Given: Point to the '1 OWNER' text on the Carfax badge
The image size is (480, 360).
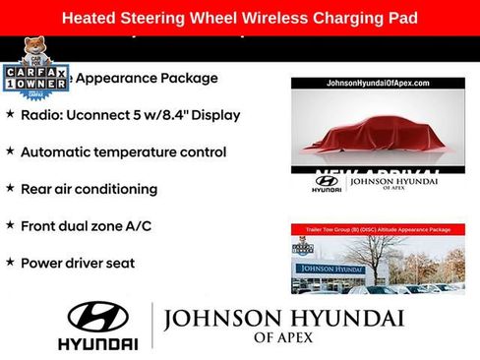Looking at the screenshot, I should pyautogui.click(x=35, y=85).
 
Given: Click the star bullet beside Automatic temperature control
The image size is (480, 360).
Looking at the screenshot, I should pyautogui.click(x=10, y=151).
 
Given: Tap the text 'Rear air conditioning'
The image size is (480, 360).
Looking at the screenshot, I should pyautogui.click(x=89, y=189).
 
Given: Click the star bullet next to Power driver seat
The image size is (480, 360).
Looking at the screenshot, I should pyautogui.click(x=10, y=262).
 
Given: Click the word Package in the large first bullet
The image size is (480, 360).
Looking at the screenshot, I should pyautogui.click(x=187, y=78).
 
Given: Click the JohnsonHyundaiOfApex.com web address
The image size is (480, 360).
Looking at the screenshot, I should pyautogui.click(x=378, y=84).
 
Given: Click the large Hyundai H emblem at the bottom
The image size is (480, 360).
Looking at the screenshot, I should pyautogui.click(x=97, y=316).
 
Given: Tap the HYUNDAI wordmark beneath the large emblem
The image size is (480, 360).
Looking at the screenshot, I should pyautogui.click(x=97, y=344).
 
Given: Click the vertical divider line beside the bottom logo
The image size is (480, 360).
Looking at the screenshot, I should pyautogui.click(x=152, y=326).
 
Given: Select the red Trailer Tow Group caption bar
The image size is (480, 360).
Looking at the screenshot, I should pyautogui.click(x=378, y=229).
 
